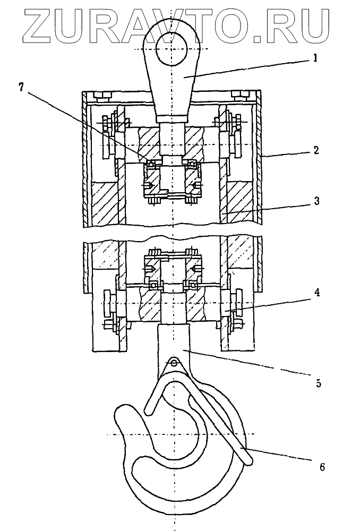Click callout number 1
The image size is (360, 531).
[314, 59]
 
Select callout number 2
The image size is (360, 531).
[315, 150]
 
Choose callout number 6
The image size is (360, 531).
[322, 467]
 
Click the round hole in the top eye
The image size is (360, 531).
[172, 48]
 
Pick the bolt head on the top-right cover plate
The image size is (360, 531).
[241, 96]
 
